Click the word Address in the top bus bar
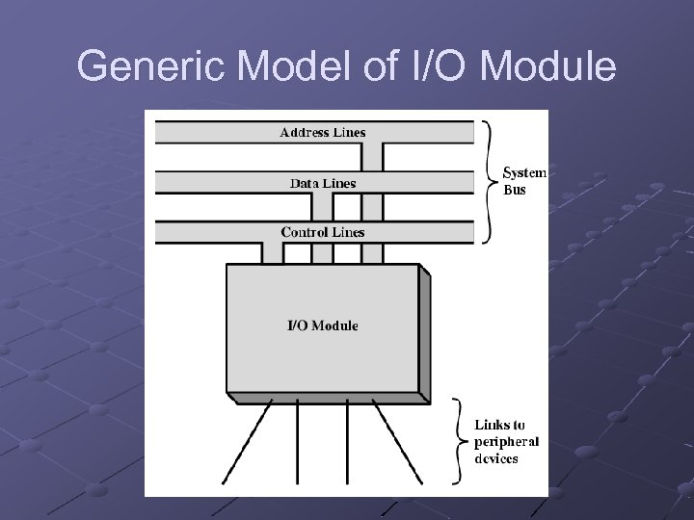click(303, 132)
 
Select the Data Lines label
click(323, 182)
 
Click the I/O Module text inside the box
click(323, 325)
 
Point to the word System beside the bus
click(525, 173)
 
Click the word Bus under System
click(516, 190)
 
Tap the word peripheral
click(506, 442)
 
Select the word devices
click(495, 458)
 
